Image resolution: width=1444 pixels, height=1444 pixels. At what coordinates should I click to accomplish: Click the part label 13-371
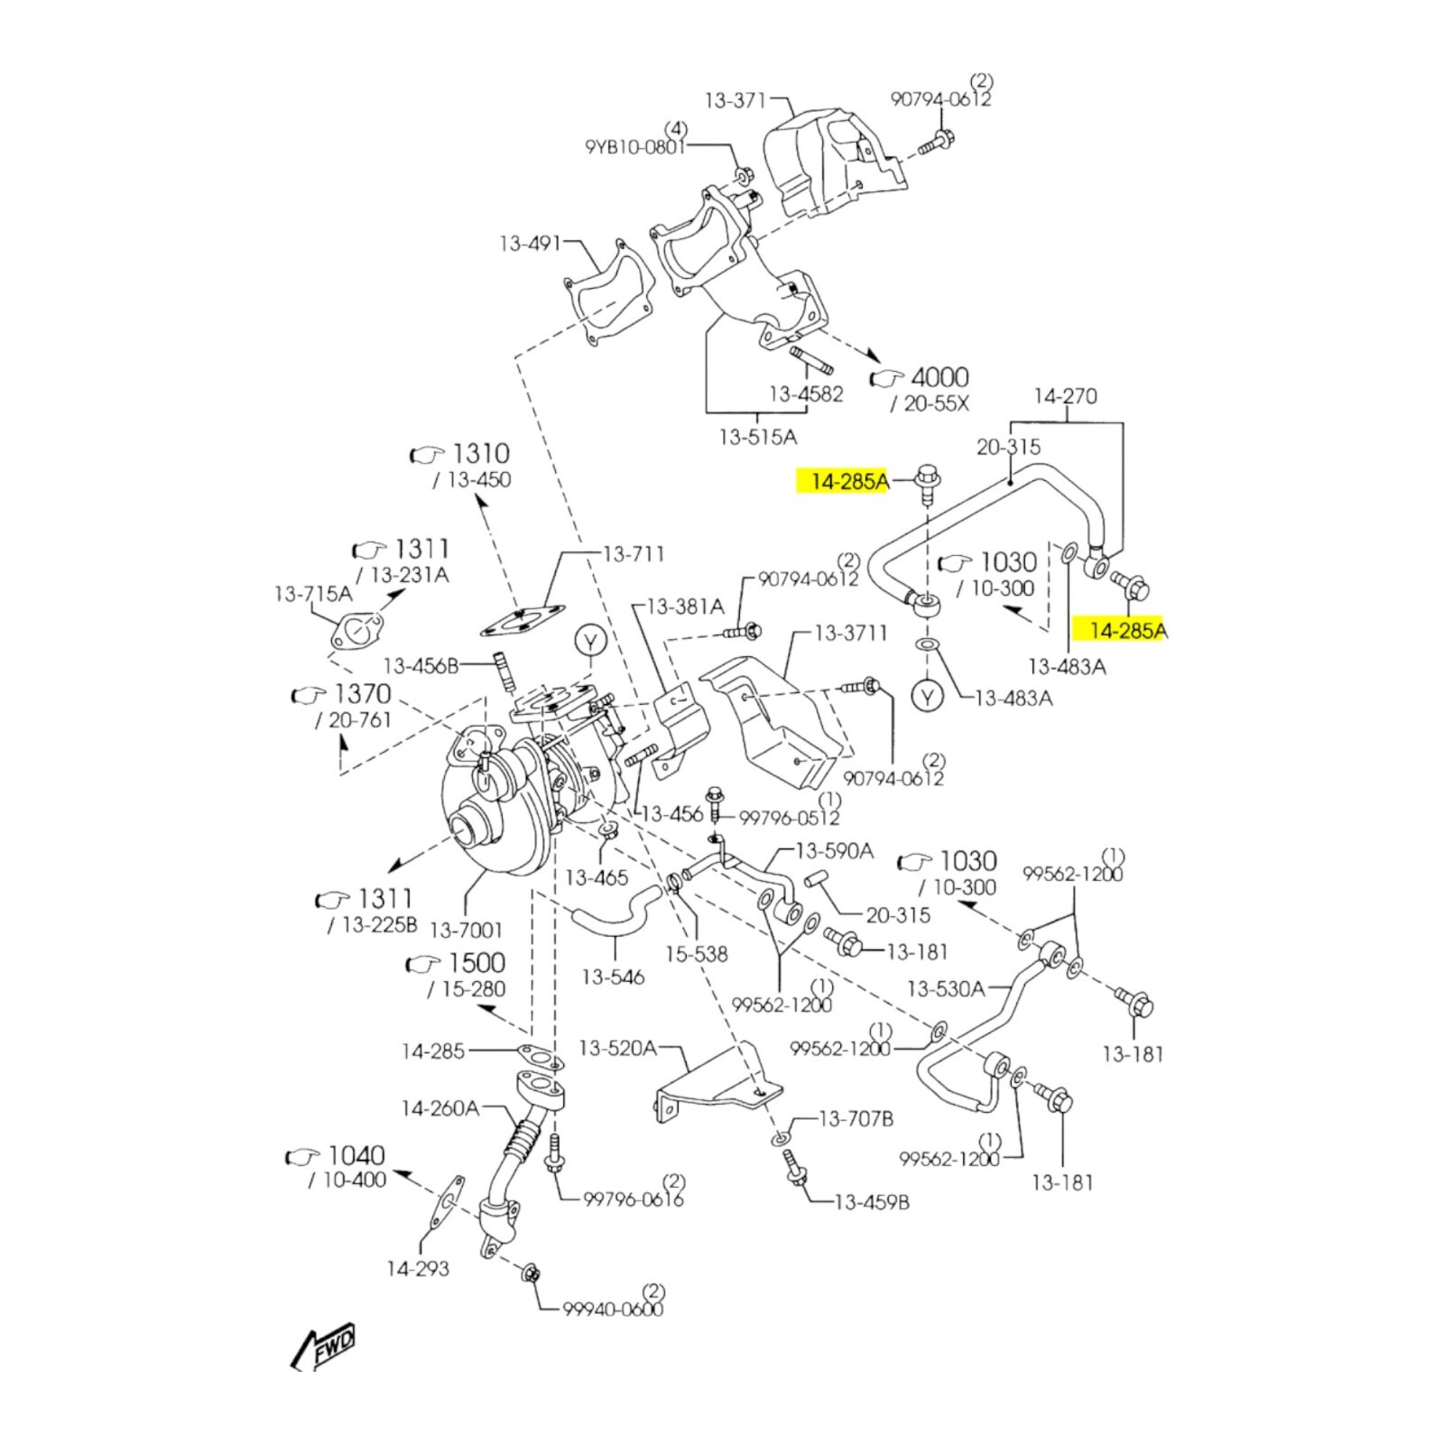[735, 100]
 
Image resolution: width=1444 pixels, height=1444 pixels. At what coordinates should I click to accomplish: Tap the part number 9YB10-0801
[635, 145]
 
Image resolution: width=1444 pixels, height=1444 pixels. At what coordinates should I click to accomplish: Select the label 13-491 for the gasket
[531, 244]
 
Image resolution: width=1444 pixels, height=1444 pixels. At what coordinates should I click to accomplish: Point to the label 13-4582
[806, 393]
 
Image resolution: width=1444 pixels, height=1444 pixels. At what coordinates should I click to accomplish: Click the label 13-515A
[758, 438]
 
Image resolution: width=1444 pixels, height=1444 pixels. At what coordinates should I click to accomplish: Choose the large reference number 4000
[940, 377]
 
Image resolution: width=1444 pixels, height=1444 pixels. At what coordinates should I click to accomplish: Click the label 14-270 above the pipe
[1065, 395]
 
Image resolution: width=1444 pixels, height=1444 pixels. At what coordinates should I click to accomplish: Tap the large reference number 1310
[480, 453]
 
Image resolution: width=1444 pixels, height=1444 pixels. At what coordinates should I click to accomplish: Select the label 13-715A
[313, 594]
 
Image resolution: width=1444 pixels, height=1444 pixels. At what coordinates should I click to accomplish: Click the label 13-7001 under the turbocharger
[466, 930]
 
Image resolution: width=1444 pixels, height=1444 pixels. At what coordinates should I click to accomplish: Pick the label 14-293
[418, 1269]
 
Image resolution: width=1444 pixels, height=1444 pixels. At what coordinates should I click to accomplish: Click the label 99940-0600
[613, 1309]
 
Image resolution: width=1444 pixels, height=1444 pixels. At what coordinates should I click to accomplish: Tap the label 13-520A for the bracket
[617, 1048]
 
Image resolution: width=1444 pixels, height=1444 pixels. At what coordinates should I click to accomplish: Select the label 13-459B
[872, 1202]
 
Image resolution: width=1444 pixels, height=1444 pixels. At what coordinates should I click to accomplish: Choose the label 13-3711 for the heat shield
[851, 633]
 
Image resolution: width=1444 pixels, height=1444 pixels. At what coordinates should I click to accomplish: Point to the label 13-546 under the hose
[613, 977]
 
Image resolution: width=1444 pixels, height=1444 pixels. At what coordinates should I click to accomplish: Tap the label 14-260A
[440, 1107]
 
